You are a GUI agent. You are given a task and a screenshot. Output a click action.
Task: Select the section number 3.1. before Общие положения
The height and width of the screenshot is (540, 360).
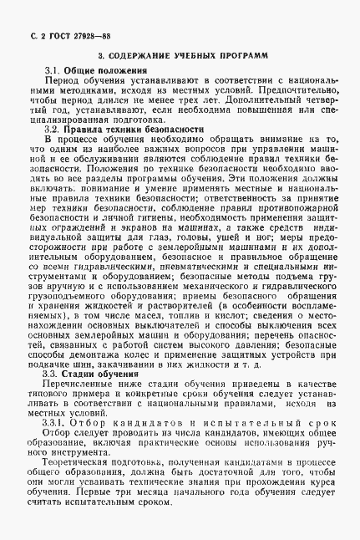tap(52, 74)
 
